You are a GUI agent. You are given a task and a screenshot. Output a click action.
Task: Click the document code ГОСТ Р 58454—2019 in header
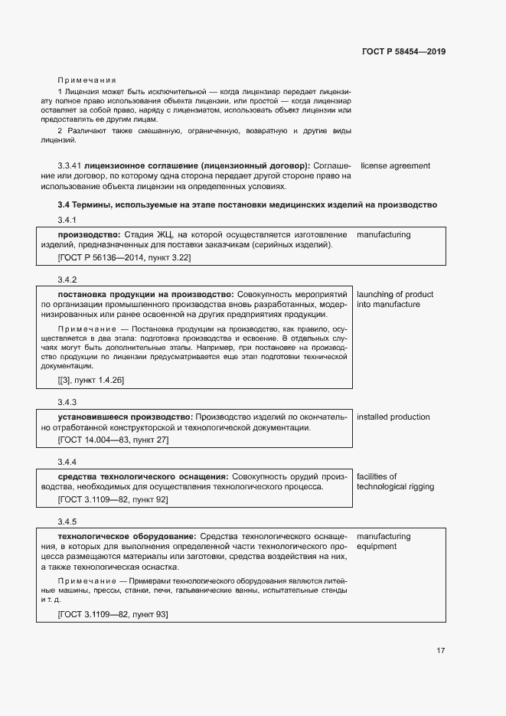403,51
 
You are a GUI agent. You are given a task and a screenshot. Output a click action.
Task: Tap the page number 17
441,651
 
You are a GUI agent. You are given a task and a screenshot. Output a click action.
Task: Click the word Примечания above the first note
87,80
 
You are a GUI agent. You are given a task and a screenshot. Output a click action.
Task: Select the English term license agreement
395,165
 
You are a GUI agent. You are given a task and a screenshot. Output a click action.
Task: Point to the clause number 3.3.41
70,165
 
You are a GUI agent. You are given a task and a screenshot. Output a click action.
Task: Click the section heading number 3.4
64,205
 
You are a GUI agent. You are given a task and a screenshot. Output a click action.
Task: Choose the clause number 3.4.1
67,221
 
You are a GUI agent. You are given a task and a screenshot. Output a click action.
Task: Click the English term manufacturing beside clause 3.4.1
384,234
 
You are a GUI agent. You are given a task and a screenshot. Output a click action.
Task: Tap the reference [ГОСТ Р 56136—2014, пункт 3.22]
124,258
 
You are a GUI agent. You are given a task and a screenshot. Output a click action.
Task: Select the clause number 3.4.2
67,280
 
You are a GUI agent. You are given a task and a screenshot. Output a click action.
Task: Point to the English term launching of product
395,295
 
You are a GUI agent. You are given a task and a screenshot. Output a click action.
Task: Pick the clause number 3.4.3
67,402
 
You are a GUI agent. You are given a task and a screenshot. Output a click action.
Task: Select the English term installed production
393,417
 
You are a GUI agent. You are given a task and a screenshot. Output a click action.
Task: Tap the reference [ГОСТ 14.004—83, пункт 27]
113,440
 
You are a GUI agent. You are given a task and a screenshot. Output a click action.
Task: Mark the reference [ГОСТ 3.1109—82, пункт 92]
113,499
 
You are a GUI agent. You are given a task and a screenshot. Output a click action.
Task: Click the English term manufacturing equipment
384,541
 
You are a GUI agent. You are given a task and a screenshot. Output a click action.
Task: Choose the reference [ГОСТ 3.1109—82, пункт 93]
113,614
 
